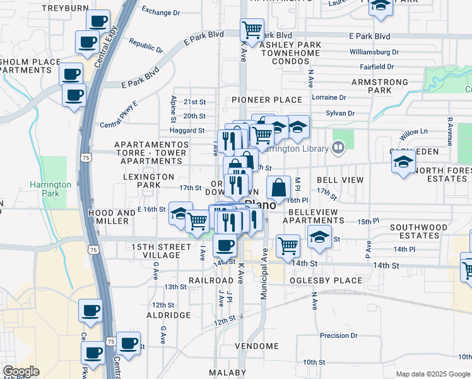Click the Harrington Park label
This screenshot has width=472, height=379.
tap(50, 189)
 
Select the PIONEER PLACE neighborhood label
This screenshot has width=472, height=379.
tap(267, 100)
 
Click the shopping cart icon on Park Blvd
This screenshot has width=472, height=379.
tap(252, 29)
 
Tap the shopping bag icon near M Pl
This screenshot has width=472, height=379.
tap(278, 187)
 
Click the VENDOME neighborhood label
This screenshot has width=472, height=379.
tap(257, 346)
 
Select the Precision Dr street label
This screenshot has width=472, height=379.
tap(339, 336)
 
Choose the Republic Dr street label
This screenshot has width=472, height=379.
tap(146, 45)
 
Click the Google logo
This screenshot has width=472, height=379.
tap(21, 371)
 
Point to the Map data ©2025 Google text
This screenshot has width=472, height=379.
tap(433, 374)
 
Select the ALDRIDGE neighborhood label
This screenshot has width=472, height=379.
tap(168, 315)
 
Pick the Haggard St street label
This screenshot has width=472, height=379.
tap(187, 131)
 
